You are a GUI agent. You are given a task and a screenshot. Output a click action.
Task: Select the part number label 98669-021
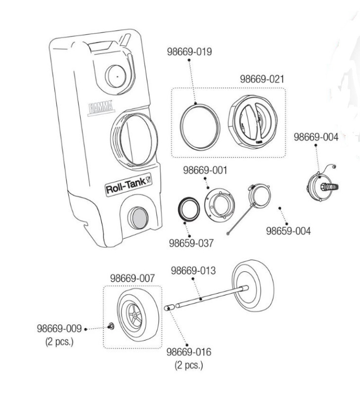(262, 79)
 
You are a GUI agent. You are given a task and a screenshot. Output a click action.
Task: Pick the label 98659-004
(289, 231)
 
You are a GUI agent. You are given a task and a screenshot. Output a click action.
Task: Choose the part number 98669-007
(132, 278)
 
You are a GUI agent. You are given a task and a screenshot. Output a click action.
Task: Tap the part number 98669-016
(188, 352)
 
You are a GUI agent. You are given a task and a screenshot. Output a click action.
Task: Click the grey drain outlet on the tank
(137, 218)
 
